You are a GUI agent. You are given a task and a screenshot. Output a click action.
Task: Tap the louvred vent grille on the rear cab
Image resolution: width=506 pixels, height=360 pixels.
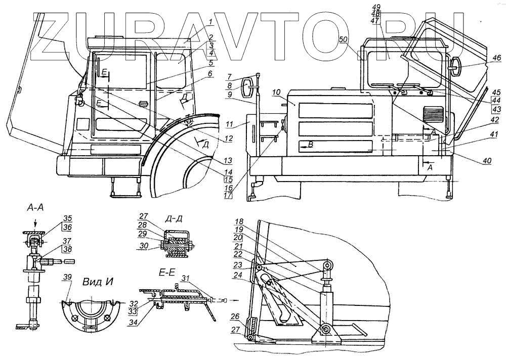[x=433, y=113]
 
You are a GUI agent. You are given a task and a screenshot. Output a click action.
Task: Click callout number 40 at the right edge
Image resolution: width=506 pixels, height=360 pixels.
[x=487, y=161]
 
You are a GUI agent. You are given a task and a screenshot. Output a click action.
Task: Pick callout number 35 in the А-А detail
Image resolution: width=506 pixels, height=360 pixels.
[x=68, y=219]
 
